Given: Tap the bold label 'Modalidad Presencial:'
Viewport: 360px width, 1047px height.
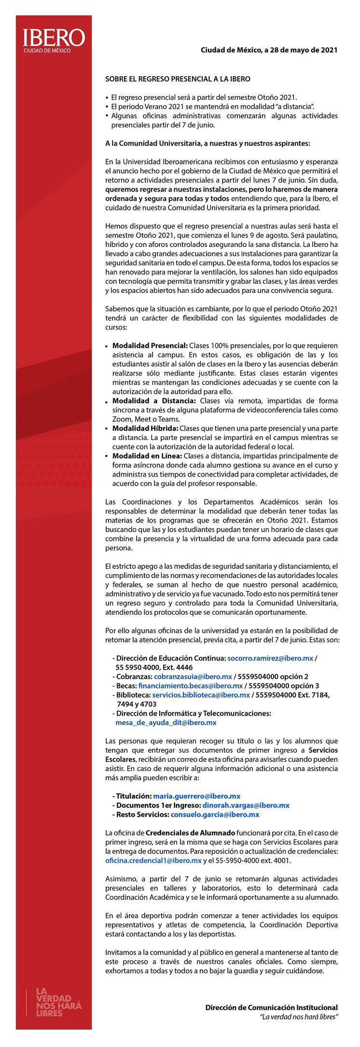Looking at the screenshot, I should point(150,345).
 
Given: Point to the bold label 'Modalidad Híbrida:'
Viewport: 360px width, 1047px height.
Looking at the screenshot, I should point(145,428).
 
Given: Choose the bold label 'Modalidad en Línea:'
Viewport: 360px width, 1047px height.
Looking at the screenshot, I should point(147,456).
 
